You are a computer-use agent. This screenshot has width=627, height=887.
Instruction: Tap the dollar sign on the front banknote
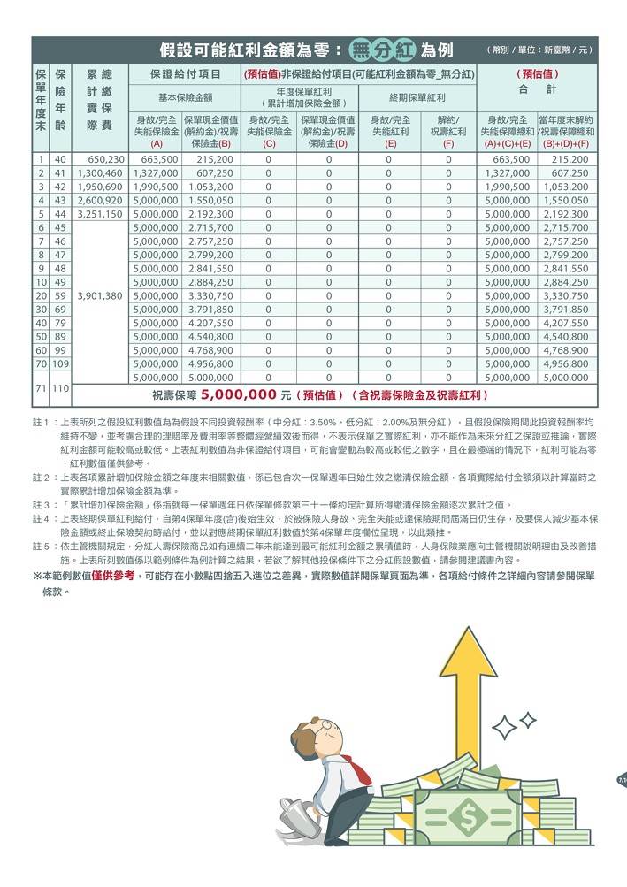[x=468, y=814]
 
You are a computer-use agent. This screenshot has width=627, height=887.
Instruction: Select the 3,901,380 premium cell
[x=100, y=295]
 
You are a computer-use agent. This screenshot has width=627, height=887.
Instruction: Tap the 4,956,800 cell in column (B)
[x=210, y=363]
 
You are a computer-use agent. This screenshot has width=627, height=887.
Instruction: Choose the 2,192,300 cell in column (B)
[x=210, y=214]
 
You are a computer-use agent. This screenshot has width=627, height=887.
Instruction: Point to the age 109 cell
[x=60, y=363]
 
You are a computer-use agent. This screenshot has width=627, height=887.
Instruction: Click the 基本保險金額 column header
[x=185, y=97]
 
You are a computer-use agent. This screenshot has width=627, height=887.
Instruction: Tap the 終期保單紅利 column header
[x=417, y=97]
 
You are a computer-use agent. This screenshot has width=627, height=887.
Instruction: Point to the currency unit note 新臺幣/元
[x=539, y=49]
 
